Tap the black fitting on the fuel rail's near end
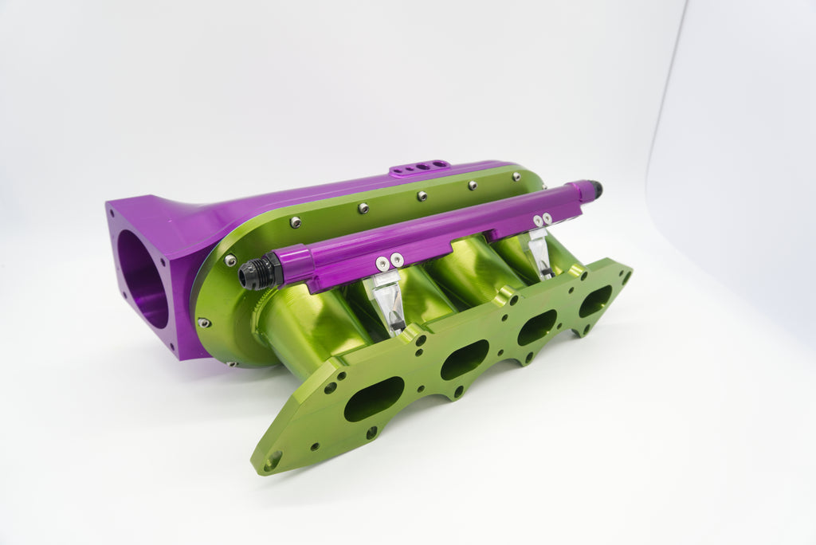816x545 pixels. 260,272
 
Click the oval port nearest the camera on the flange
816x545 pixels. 374,399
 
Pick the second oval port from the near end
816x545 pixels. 464,359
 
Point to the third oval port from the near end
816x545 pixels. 536,327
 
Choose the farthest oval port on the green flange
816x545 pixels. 595,301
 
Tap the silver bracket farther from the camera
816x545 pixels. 539,253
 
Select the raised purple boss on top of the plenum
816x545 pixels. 420,167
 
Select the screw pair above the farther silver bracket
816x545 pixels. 542,218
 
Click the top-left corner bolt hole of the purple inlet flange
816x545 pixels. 112,213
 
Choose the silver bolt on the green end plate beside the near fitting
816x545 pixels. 229,260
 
